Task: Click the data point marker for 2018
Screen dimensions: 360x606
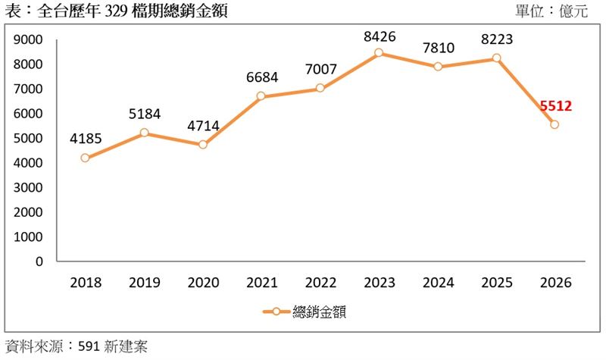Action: pyautogui.click(x=85, y=158)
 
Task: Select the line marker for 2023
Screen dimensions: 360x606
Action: pyautogui.click(x=379, y=53)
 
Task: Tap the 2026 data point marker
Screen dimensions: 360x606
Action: pyautogui.click(x=554, y=124)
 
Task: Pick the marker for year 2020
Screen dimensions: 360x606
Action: pyautogui.click(x=202, y=144)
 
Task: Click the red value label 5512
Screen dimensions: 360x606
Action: pyautogui.click(x=555, y=106)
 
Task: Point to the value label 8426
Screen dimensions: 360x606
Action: pyautogui.click(x=379, y=35)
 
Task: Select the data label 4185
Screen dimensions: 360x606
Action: pyautogui.click(x=85, y=139)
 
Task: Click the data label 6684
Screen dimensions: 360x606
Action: pyautogui.click(x=261, y=77)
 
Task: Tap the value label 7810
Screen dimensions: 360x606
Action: pyautogui.click(x=438, y=49)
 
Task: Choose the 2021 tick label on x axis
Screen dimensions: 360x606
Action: pyautogui.click(x=261, y=283)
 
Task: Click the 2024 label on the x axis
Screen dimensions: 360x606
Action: pyautogui.click(x=438, y=283)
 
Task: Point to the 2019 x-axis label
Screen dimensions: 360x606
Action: pyautogui.click(x=144, y=283)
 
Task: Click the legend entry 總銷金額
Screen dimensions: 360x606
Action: pyautogui.click(x=318, y=311)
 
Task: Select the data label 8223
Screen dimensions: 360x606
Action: pyautogui.click(x=496, y=39)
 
